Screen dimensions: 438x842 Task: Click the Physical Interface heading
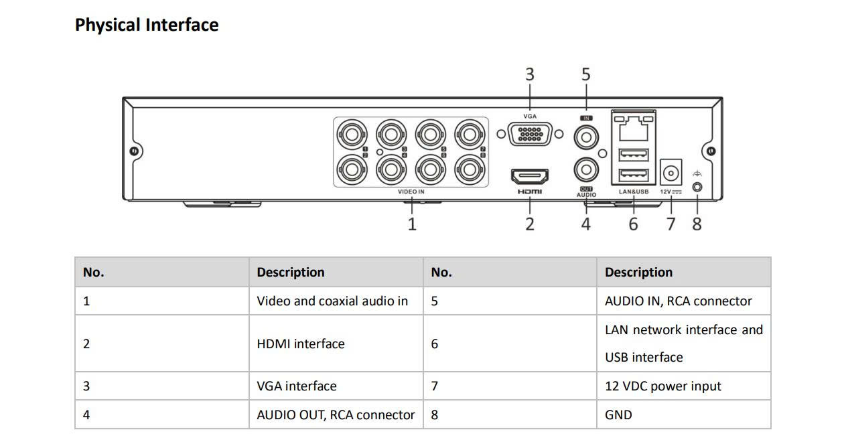147,25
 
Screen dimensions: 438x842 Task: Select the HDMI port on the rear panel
530,177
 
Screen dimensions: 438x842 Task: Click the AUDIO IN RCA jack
586,137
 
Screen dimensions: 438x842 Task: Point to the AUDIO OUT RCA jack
586,169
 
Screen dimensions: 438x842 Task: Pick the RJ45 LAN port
633,126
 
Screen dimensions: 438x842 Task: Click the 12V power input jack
671,173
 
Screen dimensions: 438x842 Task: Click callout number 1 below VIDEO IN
412,224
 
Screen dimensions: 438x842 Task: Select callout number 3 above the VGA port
530,74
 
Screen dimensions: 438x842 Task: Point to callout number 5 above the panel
586,74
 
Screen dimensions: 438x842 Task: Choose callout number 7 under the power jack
671,224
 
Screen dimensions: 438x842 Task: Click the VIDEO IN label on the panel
411,192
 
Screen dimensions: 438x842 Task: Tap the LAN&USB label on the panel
633,192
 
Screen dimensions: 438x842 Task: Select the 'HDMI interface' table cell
301,344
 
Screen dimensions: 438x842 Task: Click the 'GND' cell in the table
618,415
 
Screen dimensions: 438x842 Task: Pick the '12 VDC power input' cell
663,386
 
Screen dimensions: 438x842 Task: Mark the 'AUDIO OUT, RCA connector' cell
336,415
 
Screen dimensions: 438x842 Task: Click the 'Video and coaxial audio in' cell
332,301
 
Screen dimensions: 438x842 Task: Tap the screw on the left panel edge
134,151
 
